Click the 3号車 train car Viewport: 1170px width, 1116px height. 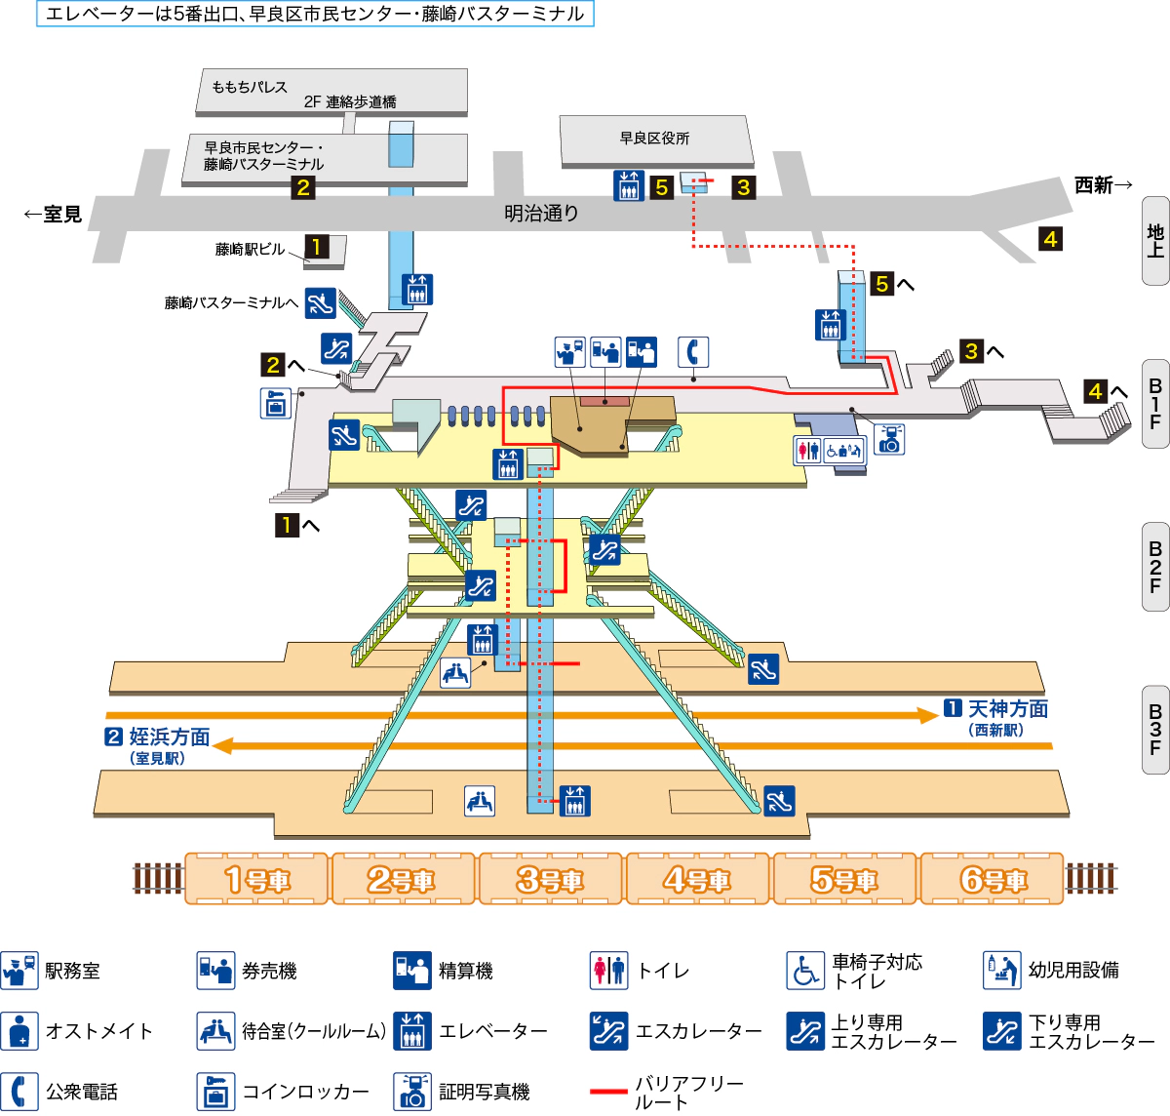[550, 879]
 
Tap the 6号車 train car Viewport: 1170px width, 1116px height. [992, 879]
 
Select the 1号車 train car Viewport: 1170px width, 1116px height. [256, 879]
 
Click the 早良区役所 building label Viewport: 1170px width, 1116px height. [654, 139]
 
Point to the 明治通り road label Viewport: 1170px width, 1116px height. [541, 213]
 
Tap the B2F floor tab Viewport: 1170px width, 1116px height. [1155, 568]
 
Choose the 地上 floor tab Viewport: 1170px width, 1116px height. [1155, 240]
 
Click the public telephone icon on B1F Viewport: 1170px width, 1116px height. [692, 352]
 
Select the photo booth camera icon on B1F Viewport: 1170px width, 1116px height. [889, 439]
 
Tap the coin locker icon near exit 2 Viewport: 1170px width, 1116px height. [276, 403]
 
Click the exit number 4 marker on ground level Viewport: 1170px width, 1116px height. [1050, 239]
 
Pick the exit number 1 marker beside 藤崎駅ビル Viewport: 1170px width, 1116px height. [316, 247]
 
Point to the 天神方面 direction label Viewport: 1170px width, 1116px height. [1007, 709]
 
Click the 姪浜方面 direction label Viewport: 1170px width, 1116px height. [169, 737]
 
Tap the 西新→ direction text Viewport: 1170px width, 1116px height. [1103, 184]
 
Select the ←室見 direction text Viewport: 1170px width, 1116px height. [54, 214]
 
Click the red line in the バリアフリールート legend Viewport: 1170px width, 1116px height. [608, 1092]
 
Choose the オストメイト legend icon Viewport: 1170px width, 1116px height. [19, 1031]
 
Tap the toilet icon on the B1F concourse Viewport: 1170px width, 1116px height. [807, 450]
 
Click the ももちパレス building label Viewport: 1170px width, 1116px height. [250, 87]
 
